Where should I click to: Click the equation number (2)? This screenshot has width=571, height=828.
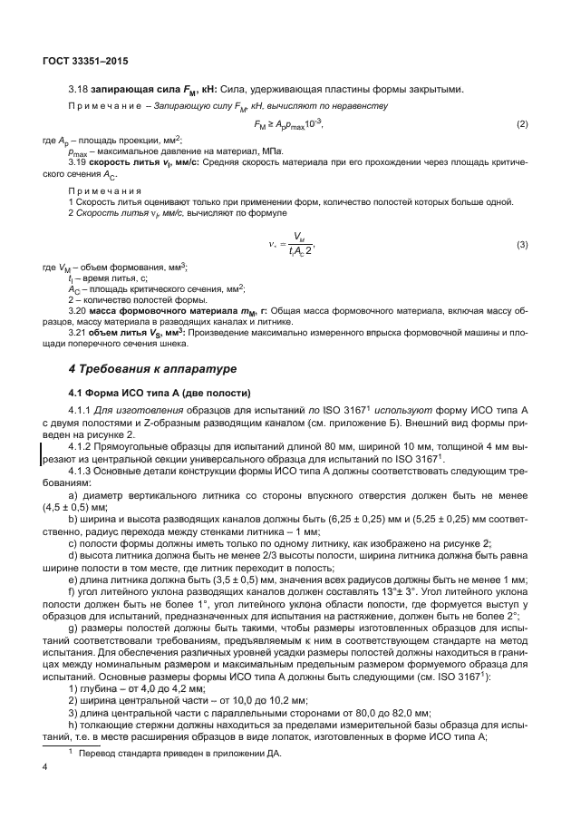pyautogui.click(x=521, y=123)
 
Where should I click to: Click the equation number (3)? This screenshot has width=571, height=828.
pyautogui.click(x=521, y=245)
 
